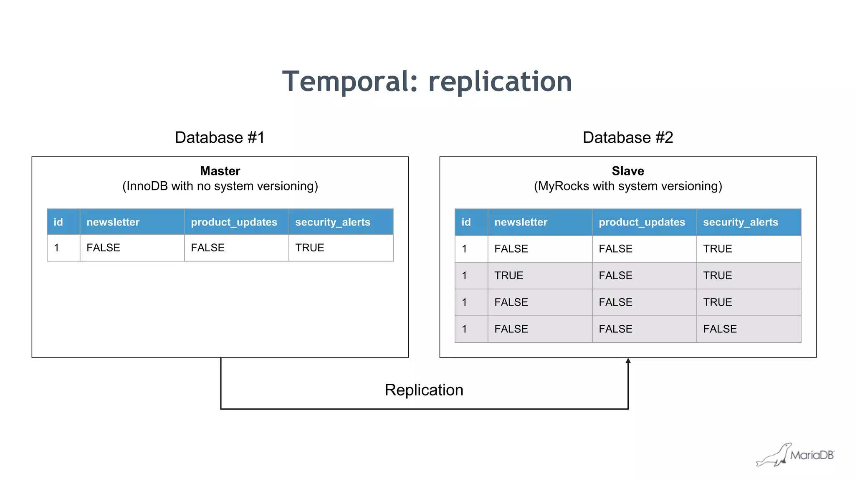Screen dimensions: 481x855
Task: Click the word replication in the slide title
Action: [x=500, y=81]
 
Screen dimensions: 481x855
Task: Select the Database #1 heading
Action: [x=220, y=137]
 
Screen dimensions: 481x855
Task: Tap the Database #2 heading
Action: [x=627, y=137]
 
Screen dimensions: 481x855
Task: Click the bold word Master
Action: [x=220, y=171]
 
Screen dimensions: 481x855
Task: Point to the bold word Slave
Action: [x=627, y=171]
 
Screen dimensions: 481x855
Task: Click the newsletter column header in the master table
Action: [x=113, y=222]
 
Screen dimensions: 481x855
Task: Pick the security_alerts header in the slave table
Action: [x=740, y=222]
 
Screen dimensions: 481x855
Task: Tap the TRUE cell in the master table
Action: [x=309, y=248]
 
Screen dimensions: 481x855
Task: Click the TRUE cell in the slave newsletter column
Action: [x=508, y=276]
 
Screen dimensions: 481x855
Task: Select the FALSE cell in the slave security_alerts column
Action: [x=720, y=329]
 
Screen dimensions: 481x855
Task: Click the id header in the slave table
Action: [x=466, y=222]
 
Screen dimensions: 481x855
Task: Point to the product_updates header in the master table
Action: [x=234, y=222]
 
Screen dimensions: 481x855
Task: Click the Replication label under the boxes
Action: [x=424, y=390]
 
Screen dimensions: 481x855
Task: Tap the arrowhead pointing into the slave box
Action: [x=628, y=361]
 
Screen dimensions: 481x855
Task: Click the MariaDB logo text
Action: [x=812, y=455]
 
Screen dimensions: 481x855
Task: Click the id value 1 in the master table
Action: [x=56, y=248]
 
